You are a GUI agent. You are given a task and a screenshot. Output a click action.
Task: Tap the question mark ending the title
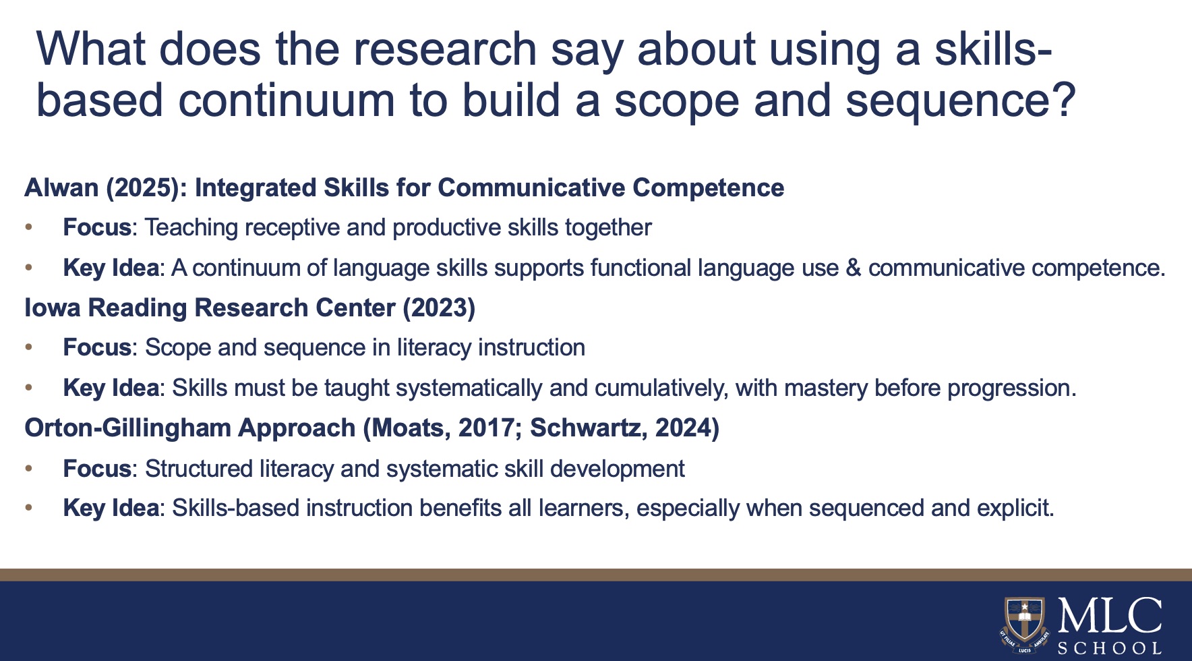pyautogui.click(x=1061, y=99)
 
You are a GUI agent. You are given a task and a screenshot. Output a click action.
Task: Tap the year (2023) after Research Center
pyautogui.click(x=439, y=308)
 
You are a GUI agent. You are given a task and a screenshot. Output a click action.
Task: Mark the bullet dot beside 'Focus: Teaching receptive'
pyautogui.click(x=28, y=228)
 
